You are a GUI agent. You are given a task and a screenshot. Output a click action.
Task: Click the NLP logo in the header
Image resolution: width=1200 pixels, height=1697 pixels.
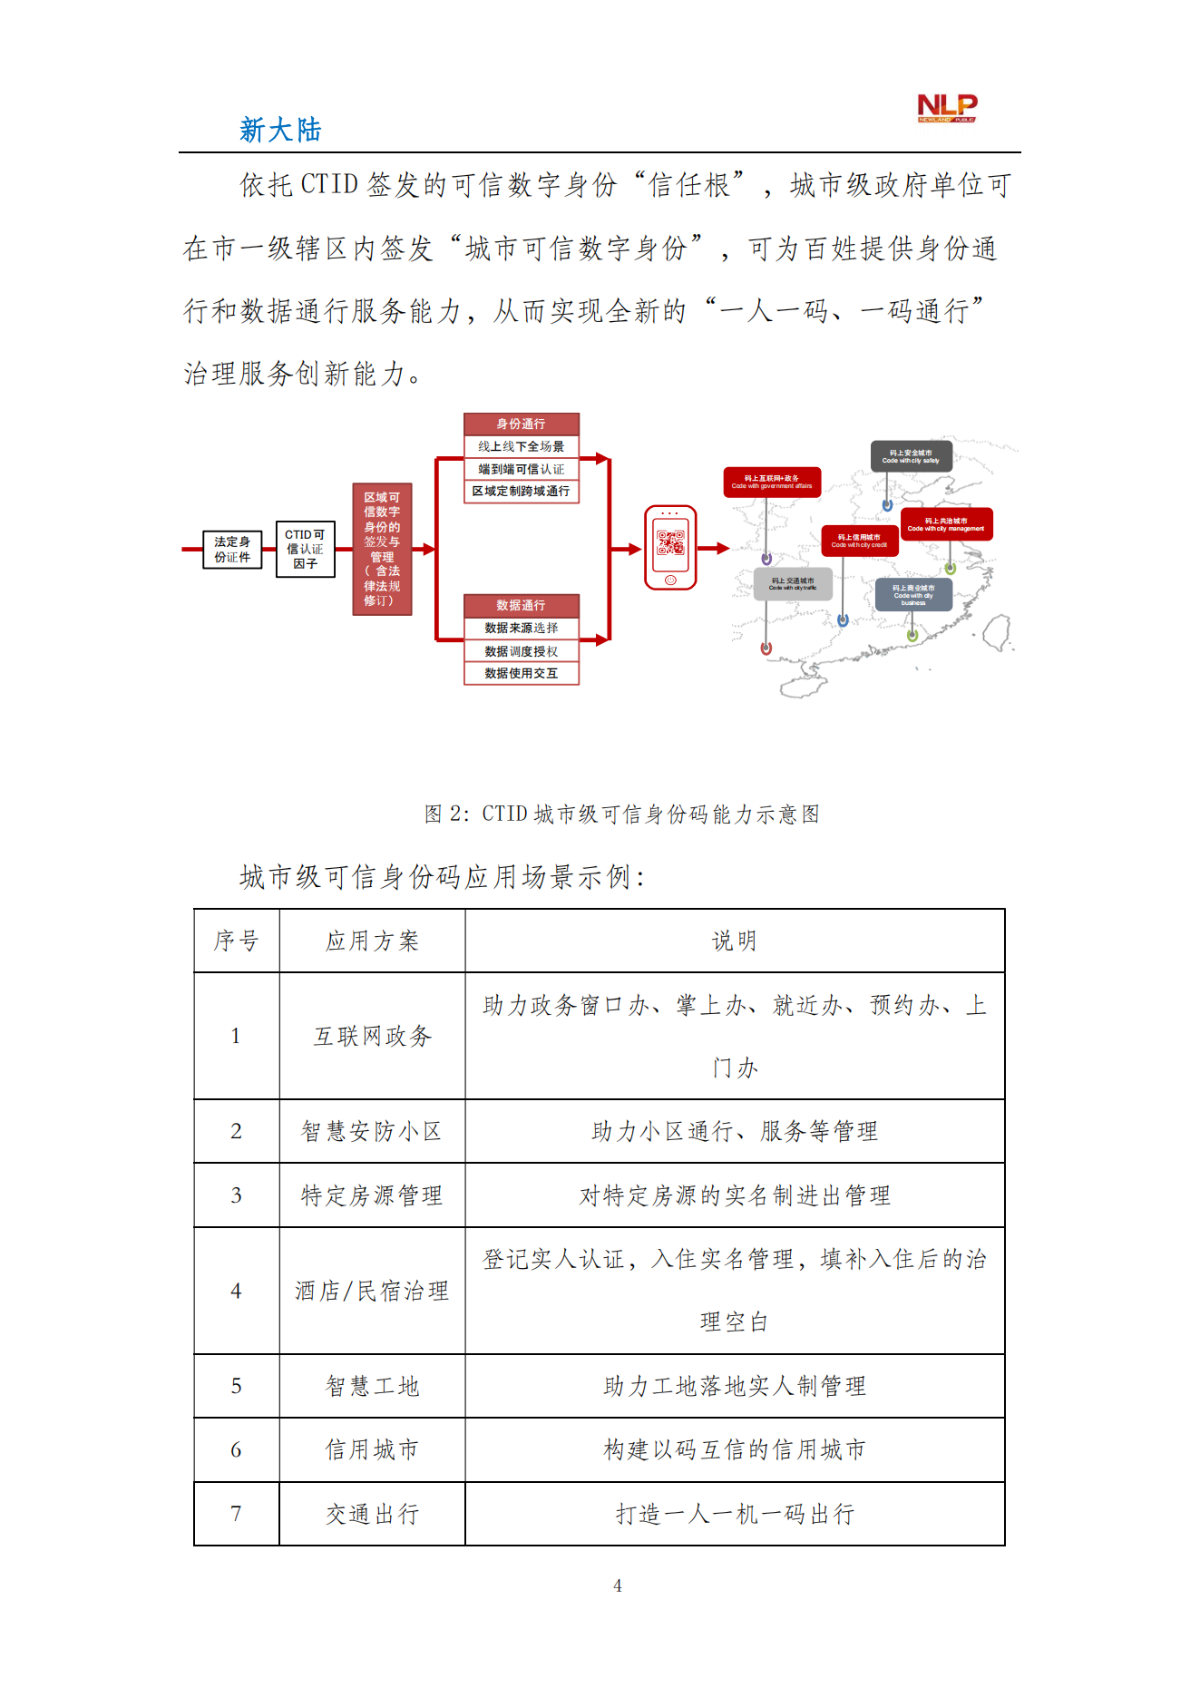(946, 108)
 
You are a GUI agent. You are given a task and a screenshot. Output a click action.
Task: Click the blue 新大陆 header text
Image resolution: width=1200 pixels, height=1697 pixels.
(280, 130)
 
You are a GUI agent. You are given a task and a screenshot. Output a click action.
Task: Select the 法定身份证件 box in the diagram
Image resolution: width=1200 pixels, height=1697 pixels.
(232, 550)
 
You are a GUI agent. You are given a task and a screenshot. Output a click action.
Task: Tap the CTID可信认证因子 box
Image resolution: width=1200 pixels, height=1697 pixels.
(305, 549)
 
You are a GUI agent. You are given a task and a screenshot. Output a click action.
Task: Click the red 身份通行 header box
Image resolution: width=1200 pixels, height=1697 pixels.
(521, 424)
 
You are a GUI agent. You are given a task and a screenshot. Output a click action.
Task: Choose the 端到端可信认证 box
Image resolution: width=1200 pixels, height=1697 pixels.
(521, 469)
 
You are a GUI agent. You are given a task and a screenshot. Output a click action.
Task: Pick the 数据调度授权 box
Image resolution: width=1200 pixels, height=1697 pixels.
(521, 651)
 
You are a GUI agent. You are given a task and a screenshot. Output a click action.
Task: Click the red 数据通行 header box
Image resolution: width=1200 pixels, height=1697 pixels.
(521, 605)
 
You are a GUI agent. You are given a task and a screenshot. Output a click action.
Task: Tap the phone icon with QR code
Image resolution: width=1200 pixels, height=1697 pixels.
(670, 548)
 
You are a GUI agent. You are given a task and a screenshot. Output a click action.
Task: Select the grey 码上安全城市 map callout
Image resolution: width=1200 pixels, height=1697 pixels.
(911, 456)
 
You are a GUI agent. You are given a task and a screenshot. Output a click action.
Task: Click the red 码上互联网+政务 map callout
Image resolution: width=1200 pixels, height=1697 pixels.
(772, 482)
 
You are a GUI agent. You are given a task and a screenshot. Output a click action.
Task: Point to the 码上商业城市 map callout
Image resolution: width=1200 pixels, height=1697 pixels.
(913, 595)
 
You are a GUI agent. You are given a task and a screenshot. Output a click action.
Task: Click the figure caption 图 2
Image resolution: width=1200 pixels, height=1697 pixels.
(621, 814)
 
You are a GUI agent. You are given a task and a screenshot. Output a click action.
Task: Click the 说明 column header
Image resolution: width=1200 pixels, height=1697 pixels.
(734, 941)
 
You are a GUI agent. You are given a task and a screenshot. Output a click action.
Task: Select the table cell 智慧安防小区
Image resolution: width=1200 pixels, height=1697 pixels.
(372, 1131)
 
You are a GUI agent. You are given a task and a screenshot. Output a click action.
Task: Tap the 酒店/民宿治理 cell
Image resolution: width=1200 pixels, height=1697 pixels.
(372, 1291)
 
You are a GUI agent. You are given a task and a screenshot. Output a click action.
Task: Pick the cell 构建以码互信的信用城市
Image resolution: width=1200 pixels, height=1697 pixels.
(734, 1449)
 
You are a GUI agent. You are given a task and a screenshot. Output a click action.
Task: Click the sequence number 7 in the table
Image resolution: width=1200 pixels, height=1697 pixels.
(236, 1514)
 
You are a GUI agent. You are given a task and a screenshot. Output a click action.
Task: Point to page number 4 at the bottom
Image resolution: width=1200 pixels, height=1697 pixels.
(618, 1585)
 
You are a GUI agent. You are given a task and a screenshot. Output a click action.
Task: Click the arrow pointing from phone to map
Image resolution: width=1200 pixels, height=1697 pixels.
(715, 548)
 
